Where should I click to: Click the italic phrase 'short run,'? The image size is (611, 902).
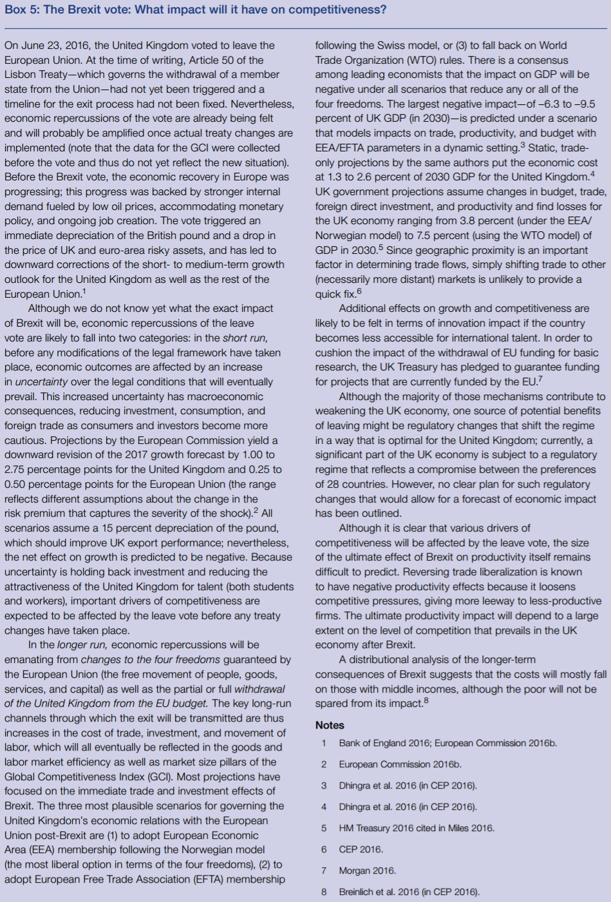click(x=245, y=338)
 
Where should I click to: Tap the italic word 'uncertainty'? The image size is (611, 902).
click(x=42, y=381)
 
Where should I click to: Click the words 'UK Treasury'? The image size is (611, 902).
click(x=422, y=367)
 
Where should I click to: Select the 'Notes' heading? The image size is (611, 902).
click(x=330, y=725)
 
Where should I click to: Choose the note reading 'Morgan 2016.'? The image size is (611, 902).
click(x=367, y=870)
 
